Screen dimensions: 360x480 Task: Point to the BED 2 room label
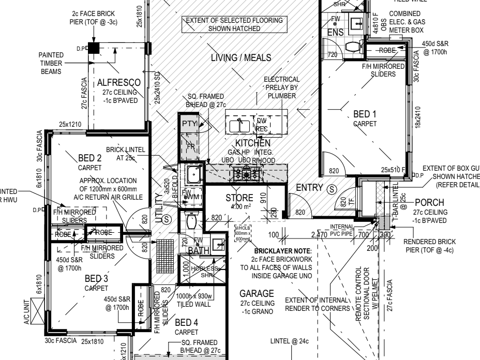tap(89, 158)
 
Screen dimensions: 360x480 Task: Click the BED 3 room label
tap(96, 279)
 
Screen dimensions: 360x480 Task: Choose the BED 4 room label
tap(186, 323)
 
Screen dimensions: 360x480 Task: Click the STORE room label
tap(239, 198)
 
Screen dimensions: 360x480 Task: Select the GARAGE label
tap(257, 293)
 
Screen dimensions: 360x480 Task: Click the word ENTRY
tap(310, 187)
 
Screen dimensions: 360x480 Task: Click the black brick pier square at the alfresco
tap(93, 49)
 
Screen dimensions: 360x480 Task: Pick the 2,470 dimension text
tap(320, 235)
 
